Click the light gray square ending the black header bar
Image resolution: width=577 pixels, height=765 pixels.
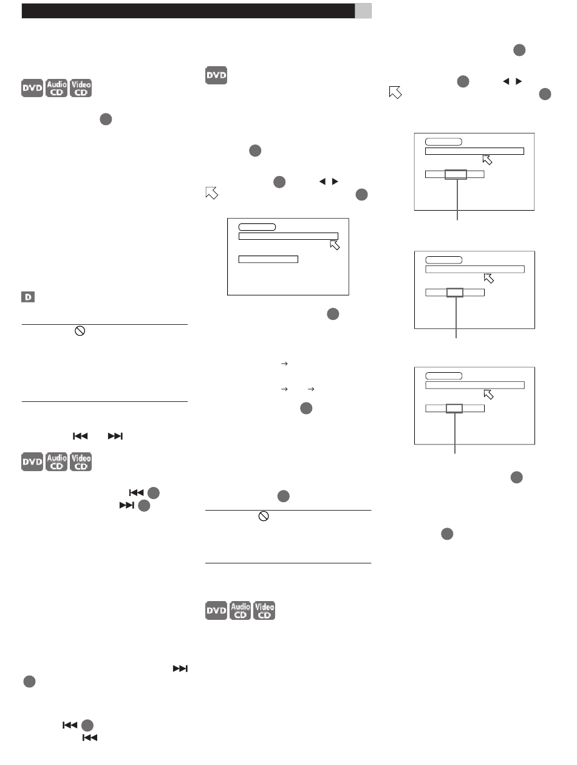(363, 11)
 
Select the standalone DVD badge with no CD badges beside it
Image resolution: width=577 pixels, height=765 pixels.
(216, 75)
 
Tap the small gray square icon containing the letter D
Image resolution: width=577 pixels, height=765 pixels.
(28, 297)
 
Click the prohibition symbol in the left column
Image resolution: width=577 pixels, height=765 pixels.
(80, 331)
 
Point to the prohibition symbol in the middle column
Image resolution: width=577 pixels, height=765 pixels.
(264, 516)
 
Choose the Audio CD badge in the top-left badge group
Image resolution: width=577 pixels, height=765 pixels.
(56, 88)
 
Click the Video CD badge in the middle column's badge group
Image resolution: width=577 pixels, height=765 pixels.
(264, 610)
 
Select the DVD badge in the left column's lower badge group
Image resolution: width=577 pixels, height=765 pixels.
(32, 462)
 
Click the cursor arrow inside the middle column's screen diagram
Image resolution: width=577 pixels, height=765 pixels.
(335, 245)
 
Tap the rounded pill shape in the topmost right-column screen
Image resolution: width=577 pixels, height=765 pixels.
(443, 142)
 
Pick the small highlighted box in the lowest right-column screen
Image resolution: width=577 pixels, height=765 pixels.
(454, 409)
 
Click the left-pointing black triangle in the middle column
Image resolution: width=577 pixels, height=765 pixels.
(323, 182)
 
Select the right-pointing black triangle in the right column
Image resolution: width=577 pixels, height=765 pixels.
(519, 81)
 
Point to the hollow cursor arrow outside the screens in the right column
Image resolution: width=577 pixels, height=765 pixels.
(395, 92)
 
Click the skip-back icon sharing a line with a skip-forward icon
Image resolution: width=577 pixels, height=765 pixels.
(80, 436)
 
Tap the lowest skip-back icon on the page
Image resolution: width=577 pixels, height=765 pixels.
(90, 738)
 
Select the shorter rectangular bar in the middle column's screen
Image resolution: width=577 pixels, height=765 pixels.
(268, 259)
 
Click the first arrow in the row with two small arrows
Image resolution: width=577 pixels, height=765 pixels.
(284, 389)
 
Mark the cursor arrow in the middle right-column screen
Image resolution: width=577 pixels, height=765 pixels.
(489, 279)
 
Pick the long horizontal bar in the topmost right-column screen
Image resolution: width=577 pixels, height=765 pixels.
(474, 151)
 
